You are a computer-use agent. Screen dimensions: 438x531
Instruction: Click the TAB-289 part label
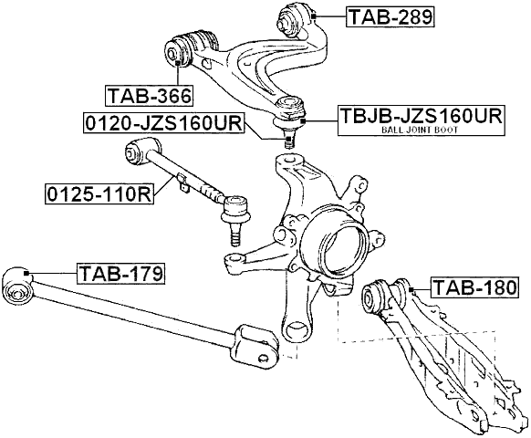pos(390,16)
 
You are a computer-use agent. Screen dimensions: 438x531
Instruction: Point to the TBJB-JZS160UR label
pos(421,116)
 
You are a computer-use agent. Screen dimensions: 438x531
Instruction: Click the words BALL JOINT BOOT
pos(421,131)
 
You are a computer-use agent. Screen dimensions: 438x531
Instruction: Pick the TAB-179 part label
pos(120,273)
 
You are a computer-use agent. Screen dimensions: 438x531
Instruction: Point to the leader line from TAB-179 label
pos(53,273)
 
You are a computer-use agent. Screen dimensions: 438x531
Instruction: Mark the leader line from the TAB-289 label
pos(329,16)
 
